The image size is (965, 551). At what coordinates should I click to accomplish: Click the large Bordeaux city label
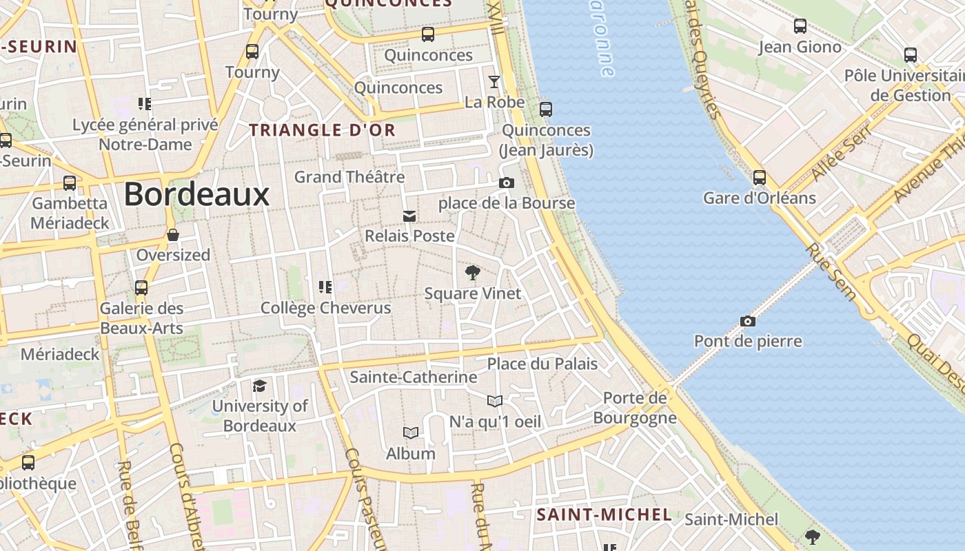[196, 194]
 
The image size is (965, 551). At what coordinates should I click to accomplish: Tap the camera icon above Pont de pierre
[747, 321]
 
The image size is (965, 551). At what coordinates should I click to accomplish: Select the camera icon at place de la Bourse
[507, 183]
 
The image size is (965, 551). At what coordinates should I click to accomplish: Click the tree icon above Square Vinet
[472, 273]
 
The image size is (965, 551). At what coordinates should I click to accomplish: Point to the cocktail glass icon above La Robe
[494, 82]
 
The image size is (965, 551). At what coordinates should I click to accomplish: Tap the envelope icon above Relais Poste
[409, 216]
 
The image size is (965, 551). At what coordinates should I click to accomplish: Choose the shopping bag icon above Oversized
[172, 235]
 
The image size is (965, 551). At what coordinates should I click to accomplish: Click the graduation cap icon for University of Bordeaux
[259, 386]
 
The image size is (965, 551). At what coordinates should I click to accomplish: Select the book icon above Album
[411, 433]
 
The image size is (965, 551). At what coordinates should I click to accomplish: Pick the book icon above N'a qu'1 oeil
[495, 401]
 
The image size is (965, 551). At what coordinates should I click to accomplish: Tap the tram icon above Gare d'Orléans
[759, 177]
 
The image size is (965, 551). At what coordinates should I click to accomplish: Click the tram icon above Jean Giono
[800, 26]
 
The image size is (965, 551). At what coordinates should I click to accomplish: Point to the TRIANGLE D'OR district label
[322, 129]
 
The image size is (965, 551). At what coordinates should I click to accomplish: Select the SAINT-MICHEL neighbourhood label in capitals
[604, 514]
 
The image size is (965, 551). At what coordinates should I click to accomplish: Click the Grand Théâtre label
[349, 177]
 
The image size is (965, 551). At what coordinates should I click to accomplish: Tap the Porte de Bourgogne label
[635, 408]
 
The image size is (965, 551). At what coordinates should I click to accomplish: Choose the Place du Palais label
[542, 364]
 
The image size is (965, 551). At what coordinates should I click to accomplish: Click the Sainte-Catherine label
[414, 377]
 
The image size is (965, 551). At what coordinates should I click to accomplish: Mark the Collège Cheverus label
[326, 308]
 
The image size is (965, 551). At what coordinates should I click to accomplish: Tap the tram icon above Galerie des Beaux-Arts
[141, 287]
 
